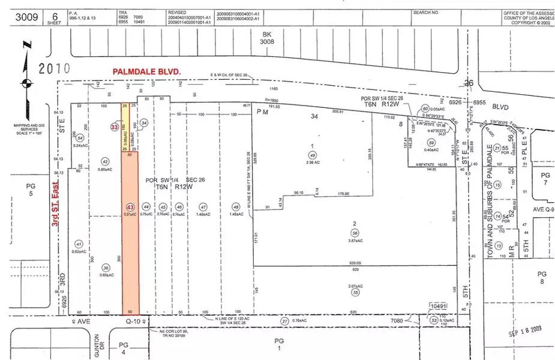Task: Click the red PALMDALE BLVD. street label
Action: (x=147, y=71)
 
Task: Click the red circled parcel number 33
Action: (x=114, y=127)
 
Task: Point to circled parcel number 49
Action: (x=311, y=155)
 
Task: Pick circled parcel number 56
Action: (x=355, y=232)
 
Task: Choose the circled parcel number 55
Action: (x=356, y=292)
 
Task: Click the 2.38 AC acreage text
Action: (x=312, y=162)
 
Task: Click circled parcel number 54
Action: (x=80, y=138)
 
